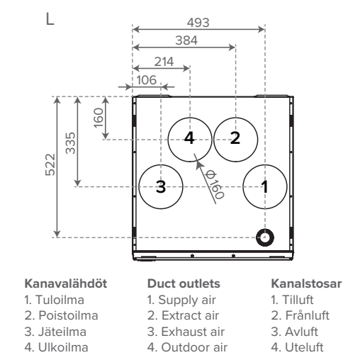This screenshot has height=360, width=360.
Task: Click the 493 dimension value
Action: [x=198, y=23]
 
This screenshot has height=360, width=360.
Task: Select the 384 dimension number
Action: [x=186, y=40]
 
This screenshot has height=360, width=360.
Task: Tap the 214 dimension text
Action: [x=164, y=62]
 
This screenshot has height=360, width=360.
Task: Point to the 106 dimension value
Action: [x=147, y=80]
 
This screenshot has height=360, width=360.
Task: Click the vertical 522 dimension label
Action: [x=50, y=164]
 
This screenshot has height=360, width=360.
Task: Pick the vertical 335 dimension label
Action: [x=70, y=143]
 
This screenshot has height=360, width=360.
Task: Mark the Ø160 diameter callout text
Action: [x=214, y=185]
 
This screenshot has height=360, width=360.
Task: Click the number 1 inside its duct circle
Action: [x=265, y=186]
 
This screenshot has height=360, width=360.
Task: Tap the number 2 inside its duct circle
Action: [x=235, y=138]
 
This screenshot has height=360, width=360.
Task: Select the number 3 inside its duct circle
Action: [x=161, y=186]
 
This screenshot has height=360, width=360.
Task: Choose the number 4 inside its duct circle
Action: [x=189, y=138]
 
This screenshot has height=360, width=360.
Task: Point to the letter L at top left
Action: [x=50, y=19]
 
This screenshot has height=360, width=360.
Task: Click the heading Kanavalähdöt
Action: [x=66, y=283]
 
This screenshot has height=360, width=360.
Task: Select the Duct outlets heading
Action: [x=184, y=283]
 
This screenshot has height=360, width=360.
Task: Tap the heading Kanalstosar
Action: [x=306, y=283]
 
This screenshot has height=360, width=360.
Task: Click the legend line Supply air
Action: [x=181, y=300]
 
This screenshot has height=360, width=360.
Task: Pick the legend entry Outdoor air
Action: [x=187, y=347]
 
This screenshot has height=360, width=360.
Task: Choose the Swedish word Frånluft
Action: [x=307, y=315]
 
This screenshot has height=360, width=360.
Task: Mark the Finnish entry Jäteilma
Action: [x=62, y=332]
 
